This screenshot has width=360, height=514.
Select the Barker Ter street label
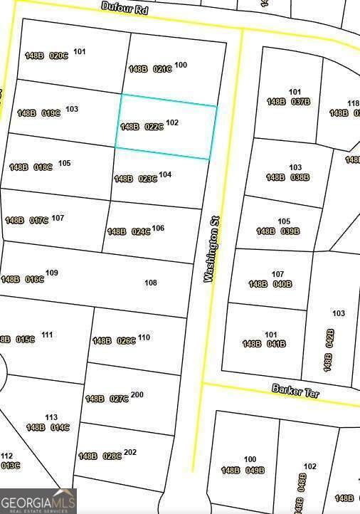point(295,392)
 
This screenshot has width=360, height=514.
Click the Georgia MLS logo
point(38,500)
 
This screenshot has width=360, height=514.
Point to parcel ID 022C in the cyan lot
point(154,127)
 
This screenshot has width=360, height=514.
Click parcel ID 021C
point(162,69)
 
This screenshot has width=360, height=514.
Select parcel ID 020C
point(58,56)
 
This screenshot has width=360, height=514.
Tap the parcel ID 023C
point(147,179)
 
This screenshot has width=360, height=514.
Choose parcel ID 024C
point(140,231)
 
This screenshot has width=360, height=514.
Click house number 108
point(151,283)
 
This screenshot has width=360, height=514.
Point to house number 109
point(52,273)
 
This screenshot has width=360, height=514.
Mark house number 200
point(137,394)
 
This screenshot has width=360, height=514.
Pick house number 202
point(130,452)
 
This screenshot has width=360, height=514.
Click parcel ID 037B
point(300,102)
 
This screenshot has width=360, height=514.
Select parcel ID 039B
point(290,231)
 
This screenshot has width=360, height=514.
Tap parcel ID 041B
point(276,344)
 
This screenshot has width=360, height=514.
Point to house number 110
point(144,337)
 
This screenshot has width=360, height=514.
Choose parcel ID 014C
point(60,427)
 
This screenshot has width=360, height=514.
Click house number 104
point(165,174)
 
